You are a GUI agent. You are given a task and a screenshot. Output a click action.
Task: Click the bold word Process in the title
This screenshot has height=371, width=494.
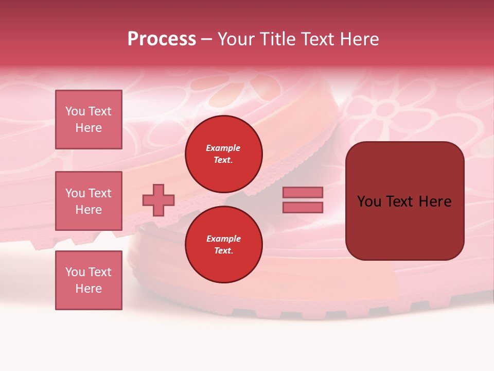(162, 39)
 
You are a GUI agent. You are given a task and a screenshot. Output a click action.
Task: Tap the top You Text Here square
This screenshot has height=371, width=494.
(89, 120)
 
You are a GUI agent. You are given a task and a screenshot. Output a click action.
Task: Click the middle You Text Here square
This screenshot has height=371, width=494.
(89, 201)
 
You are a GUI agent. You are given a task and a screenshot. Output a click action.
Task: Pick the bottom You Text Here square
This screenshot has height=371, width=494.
(89, 280)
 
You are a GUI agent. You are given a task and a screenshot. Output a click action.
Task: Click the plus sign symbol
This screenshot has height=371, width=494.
(158, 200)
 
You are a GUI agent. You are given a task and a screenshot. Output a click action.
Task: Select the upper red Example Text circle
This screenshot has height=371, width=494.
(224, 154)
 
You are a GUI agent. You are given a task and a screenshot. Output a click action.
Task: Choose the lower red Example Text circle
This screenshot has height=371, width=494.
(224, 245)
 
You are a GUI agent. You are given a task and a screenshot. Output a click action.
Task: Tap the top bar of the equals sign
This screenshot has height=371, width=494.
(303, 192)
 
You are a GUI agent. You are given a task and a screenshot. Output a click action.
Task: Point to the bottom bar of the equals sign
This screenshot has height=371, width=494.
(303, 208)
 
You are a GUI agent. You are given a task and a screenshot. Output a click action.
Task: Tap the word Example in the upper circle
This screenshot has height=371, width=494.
(223, 148)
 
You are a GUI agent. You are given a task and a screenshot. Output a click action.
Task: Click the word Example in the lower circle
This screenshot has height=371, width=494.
(223, 239)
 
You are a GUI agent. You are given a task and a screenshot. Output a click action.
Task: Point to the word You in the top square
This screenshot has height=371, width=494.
(75, 111)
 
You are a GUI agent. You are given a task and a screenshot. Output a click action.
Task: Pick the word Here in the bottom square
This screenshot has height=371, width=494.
(89, 289)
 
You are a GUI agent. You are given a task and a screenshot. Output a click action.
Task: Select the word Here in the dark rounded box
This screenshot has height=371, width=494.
(435, 201)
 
